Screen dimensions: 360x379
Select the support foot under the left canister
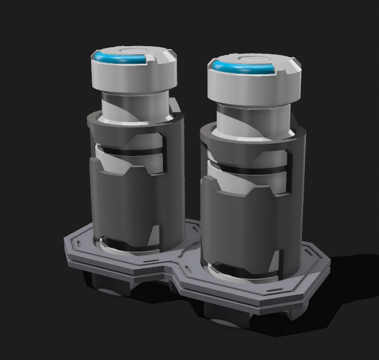[x=108, y=283]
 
